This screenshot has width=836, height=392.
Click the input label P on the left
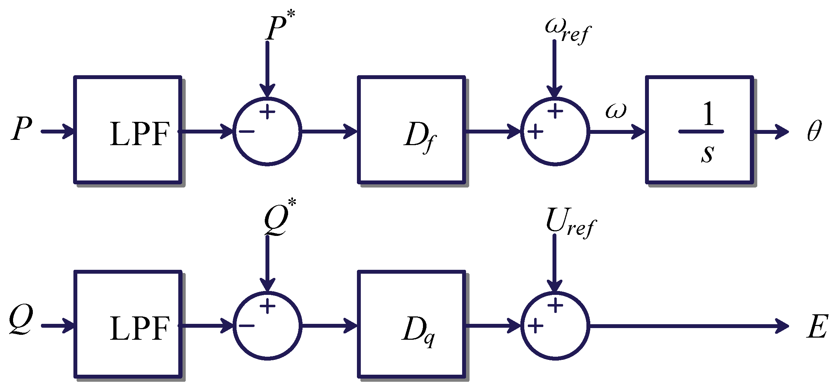click(x=22, y=129)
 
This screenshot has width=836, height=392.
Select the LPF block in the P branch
click(x=128, y=130)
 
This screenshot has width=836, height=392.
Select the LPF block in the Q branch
click(x=128, y=324)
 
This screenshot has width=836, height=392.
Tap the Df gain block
click(x=411, y=130)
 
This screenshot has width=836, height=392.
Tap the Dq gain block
click(x=411, y=324)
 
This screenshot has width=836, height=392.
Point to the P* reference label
click(x=279, y=27)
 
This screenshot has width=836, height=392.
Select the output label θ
click(x=814, y=131)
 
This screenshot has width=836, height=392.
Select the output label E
click(x=817, y=326)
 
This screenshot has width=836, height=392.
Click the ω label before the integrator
click(x=616, y=111)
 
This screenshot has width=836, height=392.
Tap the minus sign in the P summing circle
click(x=246, y=132)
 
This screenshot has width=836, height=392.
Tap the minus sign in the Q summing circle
click(x=246, y=326)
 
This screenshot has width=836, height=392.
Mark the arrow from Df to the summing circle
click(x=492, y=131)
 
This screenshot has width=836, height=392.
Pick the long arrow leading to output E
click(x=688, y=326)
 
